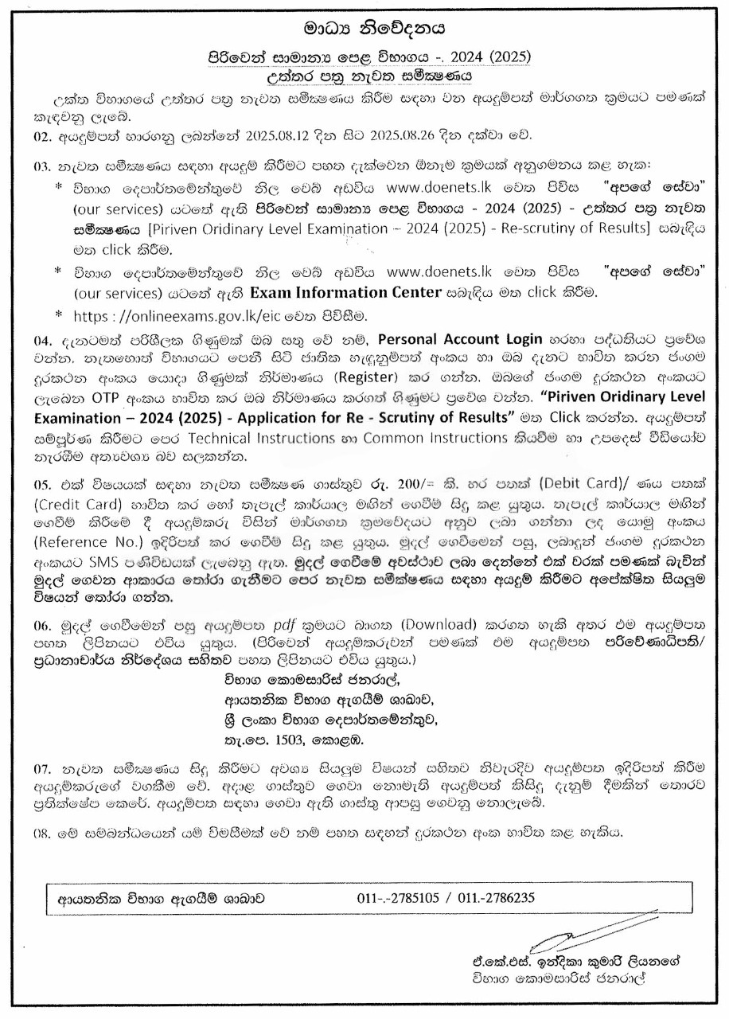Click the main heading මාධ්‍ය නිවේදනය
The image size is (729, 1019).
point(363,31)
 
